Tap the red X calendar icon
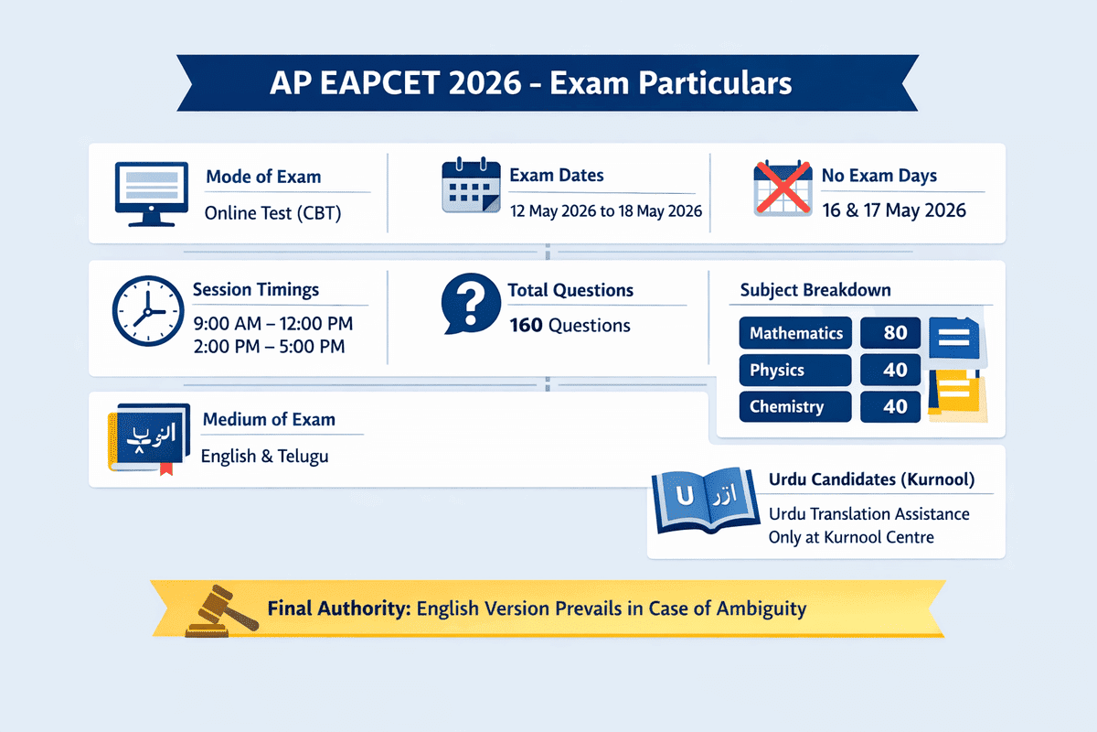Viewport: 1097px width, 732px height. pos(782,188)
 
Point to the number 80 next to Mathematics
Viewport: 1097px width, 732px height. pos(895,333)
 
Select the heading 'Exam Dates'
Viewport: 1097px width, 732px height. pos(556,176)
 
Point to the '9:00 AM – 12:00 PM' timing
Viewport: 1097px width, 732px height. pos(273,324)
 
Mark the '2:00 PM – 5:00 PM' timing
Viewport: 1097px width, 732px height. pos(270,347)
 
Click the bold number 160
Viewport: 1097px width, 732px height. pos(526,325)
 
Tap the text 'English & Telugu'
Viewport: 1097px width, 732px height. pos(265,455)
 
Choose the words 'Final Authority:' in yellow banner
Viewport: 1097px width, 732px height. pos(335,608)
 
